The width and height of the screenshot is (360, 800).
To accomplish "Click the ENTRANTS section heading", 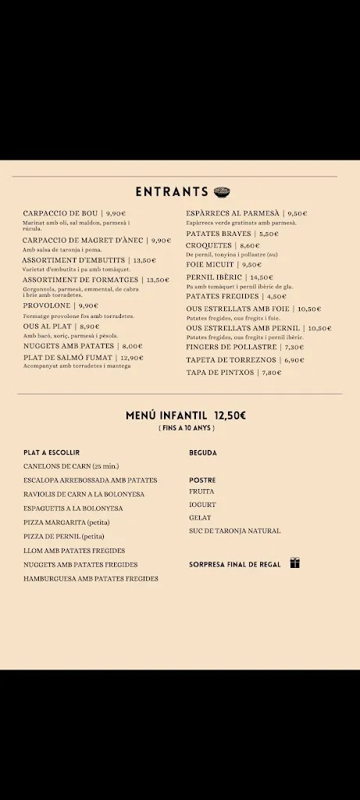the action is [x=172, y=191].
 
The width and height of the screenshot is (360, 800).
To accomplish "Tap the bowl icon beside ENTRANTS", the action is [x=222, y=191].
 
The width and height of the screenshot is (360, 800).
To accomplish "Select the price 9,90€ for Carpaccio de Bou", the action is [x=116, y=213].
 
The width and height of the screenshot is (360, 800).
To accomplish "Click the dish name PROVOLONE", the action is [x=47, y=306].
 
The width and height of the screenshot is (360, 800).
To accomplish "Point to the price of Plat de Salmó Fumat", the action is [x=132, y=358].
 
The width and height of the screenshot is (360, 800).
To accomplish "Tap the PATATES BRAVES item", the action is [x=219, y=234].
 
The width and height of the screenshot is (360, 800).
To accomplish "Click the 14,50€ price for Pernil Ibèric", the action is [x=261, y=277].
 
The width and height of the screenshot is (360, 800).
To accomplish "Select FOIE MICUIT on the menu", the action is [x=210, y=265].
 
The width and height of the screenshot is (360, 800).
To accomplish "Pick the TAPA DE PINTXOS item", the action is [x=220, y=373].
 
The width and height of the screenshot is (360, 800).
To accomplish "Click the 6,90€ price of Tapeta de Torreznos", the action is [x=294, y=360].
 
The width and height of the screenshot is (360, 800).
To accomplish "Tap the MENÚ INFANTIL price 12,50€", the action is [x=230, y=416].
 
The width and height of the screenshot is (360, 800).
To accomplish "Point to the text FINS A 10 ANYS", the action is [x=186, y=428].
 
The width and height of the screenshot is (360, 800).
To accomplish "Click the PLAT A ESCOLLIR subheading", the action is [x=52, y=452].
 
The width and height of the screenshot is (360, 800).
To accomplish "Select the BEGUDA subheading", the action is [x=203, y=452].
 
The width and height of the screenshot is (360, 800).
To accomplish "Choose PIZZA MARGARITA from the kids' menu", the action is [x=66, y=522].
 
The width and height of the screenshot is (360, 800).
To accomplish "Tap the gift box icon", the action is [x=294, y=562].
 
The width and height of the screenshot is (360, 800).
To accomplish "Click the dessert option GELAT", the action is [x=200, y=517].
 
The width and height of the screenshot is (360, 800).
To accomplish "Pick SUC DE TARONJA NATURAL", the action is [x=234, y=531].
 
